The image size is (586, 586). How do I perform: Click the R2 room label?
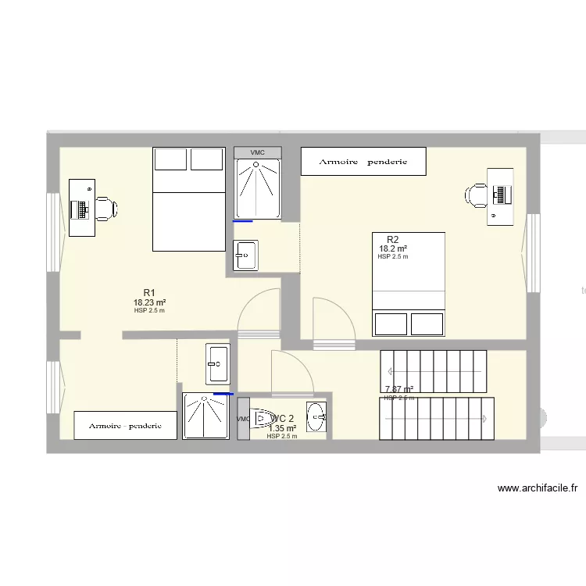point(393,239)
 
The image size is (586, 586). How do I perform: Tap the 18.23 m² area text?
point(149,302)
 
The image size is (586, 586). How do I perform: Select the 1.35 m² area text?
point(282,428)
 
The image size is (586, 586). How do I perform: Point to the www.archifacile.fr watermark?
point(538,488)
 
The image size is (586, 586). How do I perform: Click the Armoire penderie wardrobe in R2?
point(363,162)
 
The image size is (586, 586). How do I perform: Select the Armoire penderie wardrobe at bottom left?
point(125,426)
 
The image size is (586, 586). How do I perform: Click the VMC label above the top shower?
point(257,152)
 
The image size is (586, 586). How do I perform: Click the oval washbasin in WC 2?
point(316,416)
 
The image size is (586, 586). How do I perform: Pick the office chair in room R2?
point(477,195)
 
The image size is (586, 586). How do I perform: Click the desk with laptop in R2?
point(500,196)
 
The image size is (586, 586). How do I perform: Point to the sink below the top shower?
point(245,255)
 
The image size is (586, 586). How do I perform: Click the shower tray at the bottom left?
point(206,416)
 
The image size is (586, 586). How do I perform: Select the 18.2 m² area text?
point(393,248)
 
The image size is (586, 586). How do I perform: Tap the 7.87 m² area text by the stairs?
point(398,389)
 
